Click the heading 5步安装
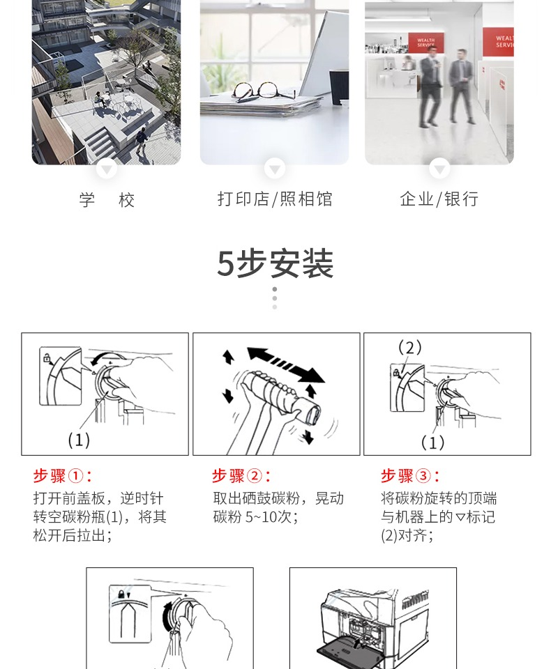(x=275, y=263)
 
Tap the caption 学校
(x=107, y=200)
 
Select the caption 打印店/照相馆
(x=275, y=199)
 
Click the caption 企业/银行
(x=439, y=199)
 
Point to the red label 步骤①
(x=62, y=475)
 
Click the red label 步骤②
(x=241, y=475)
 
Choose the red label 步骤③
(x=410, y=475)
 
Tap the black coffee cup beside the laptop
(x=339, y=87)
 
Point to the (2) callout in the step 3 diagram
(x=410, y=347)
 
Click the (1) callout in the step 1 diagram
(x=79, y=440)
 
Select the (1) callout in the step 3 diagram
(x=432, y=443)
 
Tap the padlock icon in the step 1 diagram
(x=47, y=357)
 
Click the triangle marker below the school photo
(x=107, y=169)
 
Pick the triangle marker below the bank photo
(x=439, y=169)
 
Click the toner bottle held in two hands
(x=284, y=397)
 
